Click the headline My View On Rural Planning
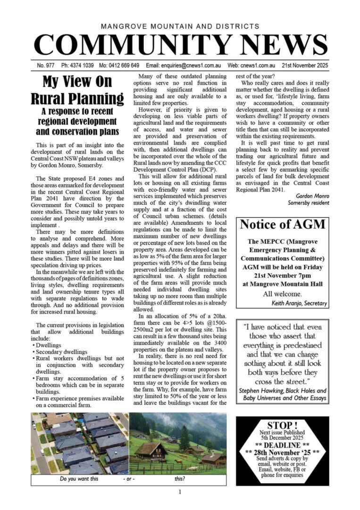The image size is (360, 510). (78, 90)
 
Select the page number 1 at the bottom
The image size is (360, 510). (180, 493)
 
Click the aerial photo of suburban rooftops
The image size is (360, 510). (80, 442)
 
